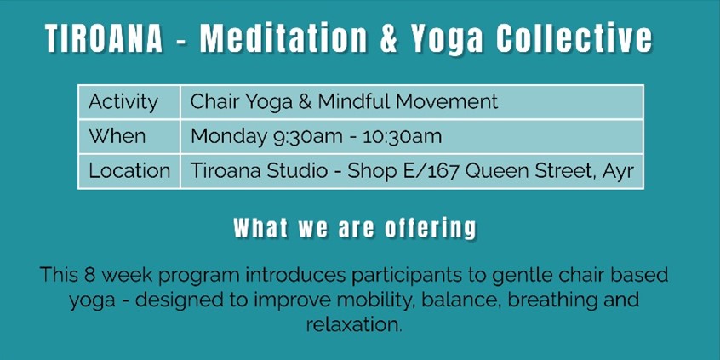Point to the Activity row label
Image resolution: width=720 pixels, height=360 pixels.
pyautogui.click(x=123, y=102)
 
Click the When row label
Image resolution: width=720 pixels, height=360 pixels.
pyautogui.click(x=117, y=136)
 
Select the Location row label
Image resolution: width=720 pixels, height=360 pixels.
pyautogui.click(x=129, y=170)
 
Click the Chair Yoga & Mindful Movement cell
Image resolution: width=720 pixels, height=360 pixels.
pyautogui.click(x=344, y=102)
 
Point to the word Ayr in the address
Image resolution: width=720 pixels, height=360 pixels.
pyautogui.click(x=617, y=170)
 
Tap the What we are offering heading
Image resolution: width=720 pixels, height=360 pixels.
pyautogui.click(x=355, y=229)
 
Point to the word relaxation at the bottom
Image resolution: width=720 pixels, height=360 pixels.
pyautogui.click(x=352, y=325)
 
